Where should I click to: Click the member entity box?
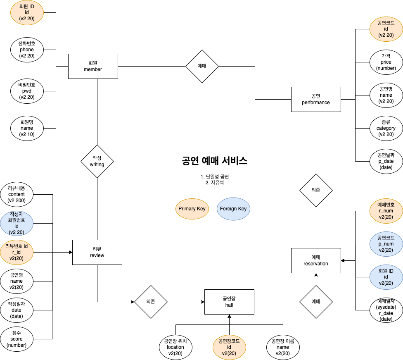click(93, 66)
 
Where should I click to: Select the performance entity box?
click(316, 99)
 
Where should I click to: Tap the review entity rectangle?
click(97, 252)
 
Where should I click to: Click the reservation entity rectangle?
click(316, 260)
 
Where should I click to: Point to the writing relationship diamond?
click(97, 161)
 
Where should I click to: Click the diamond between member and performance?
click(202, 66)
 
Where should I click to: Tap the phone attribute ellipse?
click(27, 50)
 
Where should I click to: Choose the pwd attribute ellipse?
click(27, 91)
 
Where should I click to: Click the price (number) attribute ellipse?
click(386, 62)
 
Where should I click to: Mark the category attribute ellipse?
click(386, 128)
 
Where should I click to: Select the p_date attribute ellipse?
click(386, 161)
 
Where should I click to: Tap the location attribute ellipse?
click(175, 347)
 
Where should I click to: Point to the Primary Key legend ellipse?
click(192, 209)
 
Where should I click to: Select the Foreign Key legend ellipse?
click(233, 209)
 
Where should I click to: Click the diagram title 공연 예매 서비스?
click(214, 161)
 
